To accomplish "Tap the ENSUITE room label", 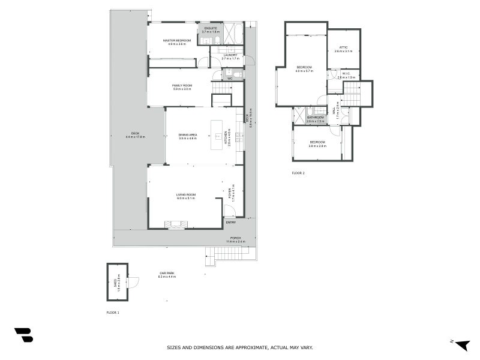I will pos(211,28).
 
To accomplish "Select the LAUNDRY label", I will pos(230,55).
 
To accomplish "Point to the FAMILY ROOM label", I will pos(182,85).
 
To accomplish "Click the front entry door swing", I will pos(229,211).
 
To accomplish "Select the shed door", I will pos(133,281).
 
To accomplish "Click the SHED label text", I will pos(115,280).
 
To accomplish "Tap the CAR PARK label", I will pos(167,273).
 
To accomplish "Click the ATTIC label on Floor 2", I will pos(343,47).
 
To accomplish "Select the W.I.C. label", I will pos(346,74).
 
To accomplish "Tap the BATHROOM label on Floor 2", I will pos(315,118).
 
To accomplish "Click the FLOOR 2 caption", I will pos(298,173).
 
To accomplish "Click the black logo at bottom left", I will pos(23,335).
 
